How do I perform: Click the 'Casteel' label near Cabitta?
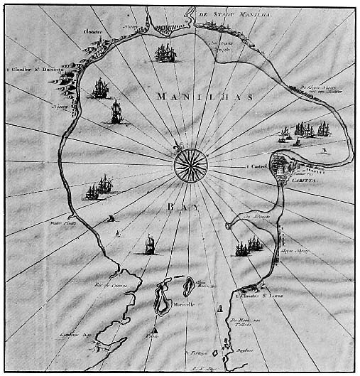point(257,167)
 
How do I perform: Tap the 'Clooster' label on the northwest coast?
point(94,32)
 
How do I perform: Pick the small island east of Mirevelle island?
point(189,287)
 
